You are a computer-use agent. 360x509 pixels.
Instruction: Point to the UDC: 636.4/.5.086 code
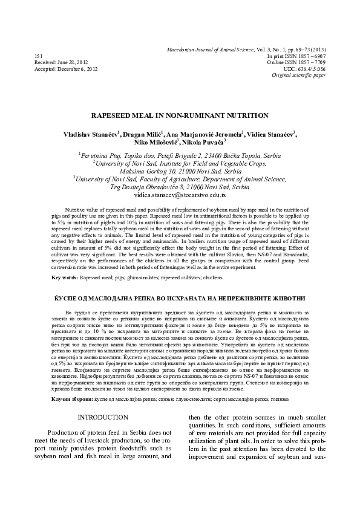(x=306, y=70)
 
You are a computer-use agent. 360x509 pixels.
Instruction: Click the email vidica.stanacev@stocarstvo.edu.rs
(x=180, y=196)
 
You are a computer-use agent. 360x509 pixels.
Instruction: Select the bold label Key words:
(x=64, y=277)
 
